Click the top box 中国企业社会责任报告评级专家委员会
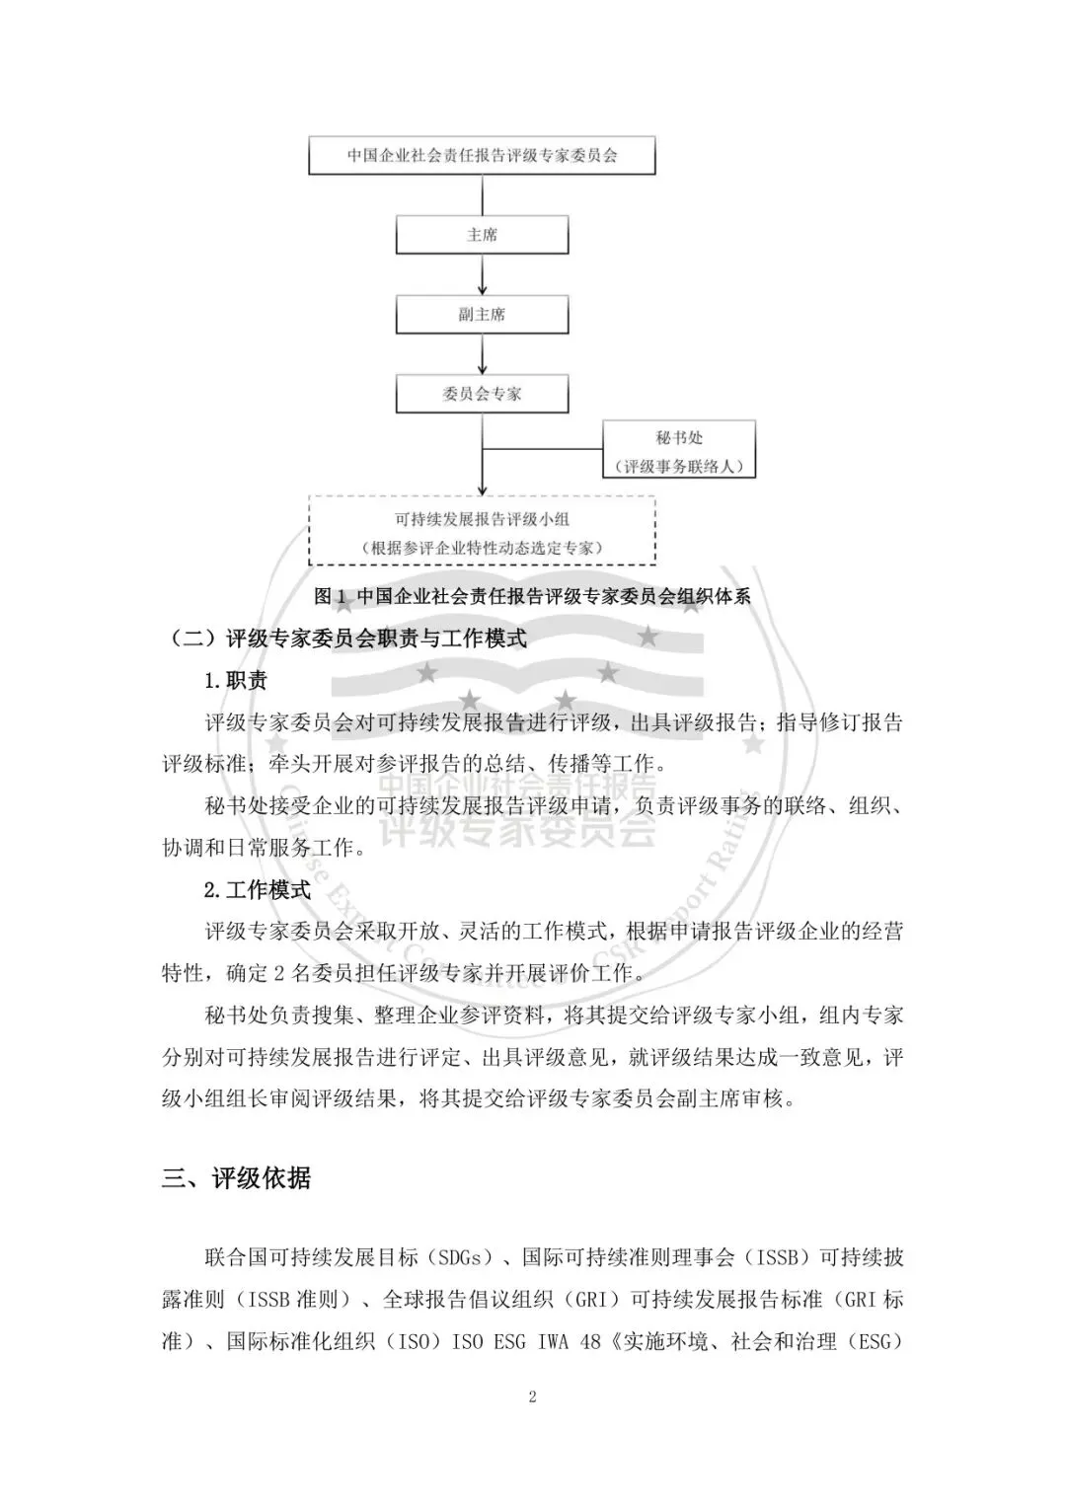tap(482, 156)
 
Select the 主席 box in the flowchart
tap(482, 235)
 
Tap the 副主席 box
tap(482, 314)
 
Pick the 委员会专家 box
tap(482, 393)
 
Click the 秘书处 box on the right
tap(679, 449)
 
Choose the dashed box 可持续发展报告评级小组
tap(482, 531)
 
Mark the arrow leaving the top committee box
tap(482, 194)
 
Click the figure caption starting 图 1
tap(532, 596)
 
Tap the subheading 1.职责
tap(236, 680)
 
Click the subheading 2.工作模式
tap(258, 889)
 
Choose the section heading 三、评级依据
tap(237, 1177)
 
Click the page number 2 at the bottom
tap(533, 1396)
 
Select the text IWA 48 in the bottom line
tap(571, 1342)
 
